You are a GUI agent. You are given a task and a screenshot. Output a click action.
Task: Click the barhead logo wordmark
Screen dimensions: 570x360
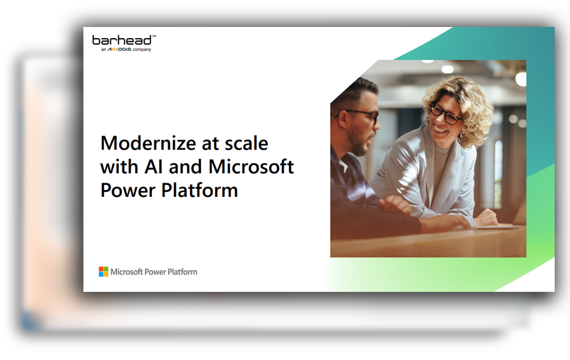122,40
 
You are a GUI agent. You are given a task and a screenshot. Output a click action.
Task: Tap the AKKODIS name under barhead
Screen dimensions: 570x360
120,50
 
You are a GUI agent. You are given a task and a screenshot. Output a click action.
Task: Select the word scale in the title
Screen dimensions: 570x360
246,144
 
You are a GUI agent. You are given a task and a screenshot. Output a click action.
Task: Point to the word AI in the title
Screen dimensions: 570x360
153,167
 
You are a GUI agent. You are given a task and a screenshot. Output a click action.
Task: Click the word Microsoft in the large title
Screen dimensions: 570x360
251,167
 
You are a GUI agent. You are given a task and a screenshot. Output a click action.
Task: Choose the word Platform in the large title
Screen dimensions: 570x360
200,190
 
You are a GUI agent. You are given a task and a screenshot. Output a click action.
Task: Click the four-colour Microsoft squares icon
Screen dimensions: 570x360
104,272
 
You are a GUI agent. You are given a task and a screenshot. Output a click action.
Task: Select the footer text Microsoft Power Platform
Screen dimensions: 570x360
154,272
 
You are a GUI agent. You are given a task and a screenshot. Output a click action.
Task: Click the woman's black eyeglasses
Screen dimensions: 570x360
446,113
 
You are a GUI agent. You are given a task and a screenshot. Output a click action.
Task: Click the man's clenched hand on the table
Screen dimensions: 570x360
395,205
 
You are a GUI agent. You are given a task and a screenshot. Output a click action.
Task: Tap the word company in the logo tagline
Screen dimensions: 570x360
142,50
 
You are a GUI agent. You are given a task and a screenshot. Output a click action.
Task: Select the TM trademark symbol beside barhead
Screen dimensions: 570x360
154,36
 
